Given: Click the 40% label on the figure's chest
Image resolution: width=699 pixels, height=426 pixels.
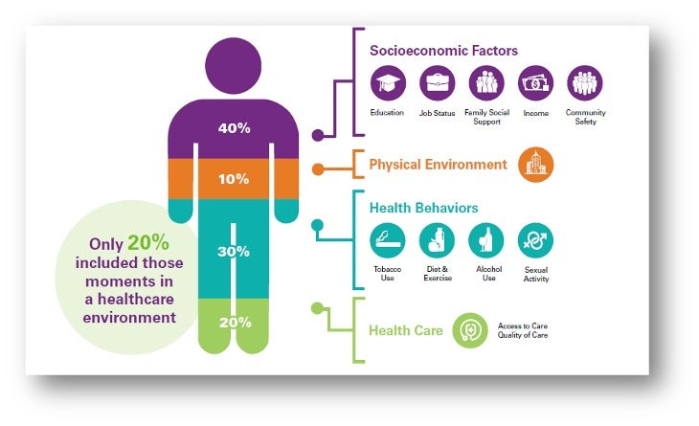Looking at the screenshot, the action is point(234,128).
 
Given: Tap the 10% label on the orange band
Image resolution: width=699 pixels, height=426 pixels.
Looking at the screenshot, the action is point(234,179).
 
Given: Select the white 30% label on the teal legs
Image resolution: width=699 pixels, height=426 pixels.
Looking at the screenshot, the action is point(233,252).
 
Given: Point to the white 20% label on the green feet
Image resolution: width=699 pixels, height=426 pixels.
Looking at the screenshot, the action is point(235,323).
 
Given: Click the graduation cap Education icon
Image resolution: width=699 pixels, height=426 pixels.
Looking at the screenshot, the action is point(388,83).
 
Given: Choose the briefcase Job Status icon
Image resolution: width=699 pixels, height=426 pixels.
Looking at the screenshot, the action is point(438,83).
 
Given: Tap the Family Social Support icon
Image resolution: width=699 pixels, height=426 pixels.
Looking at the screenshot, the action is point(486,83).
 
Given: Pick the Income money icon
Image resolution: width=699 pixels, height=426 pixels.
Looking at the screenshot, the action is point(536,83).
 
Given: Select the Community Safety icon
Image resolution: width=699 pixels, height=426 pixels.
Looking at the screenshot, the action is point(585,83).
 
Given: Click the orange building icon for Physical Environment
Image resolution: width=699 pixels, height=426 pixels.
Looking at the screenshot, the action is point(536,165).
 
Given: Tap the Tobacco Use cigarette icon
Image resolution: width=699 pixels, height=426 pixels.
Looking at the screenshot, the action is point(388,240).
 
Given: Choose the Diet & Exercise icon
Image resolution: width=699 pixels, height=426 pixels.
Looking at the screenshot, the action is point(437,240).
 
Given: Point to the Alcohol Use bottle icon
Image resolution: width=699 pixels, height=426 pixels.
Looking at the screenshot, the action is point(486,240).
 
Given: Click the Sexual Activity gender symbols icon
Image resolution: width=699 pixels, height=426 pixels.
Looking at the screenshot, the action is point(536,240).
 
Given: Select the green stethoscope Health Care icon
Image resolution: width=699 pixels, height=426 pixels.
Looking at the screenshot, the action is point(470,330).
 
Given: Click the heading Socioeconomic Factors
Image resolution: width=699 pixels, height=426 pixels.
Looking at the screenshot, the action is point(443,51).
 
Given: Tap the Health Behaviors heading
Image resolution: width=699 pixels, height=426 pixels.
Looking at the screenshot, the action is point(423,208).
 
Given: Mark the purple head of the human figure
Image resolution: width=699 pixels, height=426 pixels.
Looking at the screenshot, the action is point(233,65).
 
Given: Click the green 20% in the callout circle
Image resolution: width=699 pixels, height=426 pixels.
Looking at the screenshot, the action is point(148,243).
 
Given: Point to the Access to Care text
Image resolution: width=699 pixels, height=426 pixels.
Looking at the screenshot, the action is point(523,325).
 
